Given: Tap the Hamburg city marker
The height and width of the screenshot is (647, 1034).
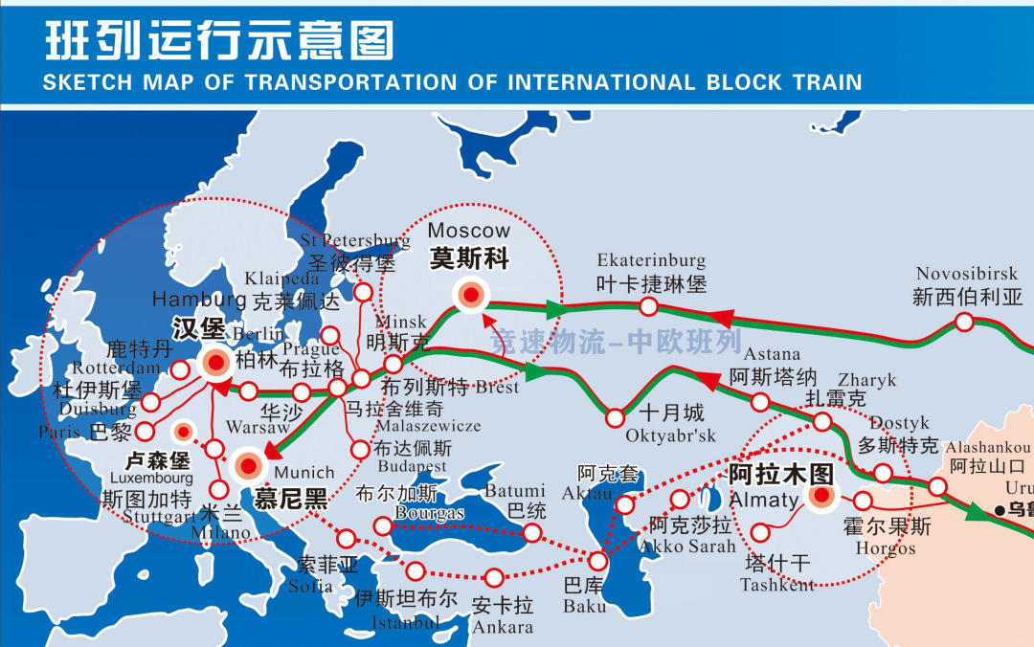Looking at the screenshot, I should [x=215, y=363].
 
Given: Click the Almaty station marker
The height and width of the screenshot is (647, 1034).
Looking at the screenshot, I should [x=820, y=497].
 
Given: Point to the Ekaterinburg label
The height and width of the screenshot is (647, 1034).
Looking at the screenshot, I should [x=651, y=260].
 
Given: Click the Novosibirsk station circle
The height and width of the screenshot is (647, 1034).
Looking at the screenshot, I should [x=965, y=323].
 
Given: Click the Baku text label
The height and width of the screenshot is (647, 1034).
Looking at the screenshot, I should [x=584, y=606].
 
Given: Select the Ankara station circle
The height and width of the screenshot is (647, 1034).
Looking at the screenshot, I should [x=494, y=577].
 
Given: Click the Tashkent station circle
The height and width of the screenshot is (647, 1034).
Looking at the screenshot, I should [x=761, y=532].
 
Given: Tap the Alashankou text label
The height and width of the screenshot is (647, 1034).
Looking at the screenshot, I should [x=986, y=447].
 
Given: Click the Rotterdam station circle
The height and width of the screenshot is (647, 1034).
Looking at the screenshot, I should [x=179, y=370].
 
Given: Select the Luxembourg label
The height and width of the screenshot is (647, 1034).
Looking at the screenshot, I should [x=151, y=477].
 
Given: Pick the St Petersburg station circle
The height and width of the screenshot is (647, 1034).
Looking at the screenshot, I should [x=364, y=291].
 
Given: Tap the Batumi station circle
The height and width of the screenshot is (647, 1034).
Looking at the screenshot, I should [x=532, y=533].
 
